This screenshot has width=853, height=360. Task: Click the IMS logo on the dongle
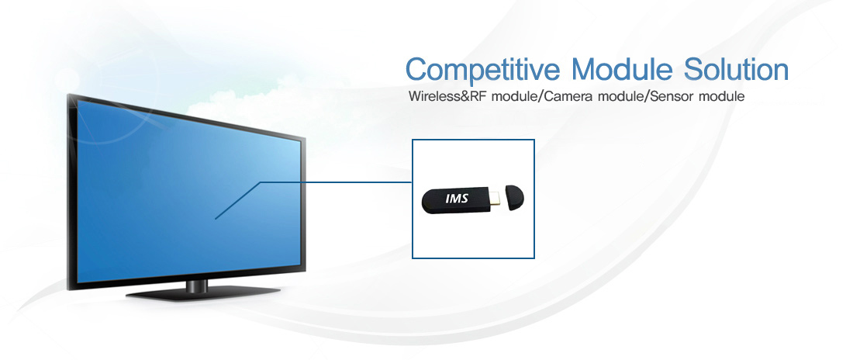pos(457,199)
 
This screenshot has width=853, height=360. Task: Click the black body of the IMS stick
pos(456,200)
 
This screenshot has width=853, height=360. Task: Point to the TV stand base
pos(203,294)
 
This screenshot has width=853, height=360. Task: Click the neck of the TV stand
pos(197,286)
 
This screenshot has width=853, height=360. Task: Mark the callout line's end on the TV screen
pos(216,219)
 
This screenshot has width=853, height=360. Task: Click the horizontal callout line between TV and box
pos(337,182)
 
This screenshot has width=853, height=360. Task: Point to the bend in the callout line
pos(261,182)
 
